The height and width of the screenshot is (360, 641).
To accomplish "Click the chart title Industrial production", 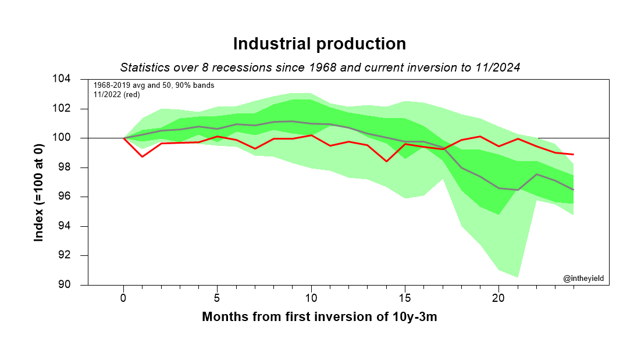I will click(319, 44).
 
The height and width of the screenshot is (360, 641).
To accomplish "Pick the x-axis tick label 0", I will click(123, 298).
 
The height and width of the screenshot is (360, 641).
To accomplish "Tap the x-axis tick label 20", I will click(498, 298).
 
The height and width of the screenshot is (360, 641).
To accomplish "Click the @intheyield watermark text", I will click(583, 279).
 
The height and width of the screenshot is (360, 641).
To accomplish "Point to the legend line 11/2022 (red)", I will click(116, 94).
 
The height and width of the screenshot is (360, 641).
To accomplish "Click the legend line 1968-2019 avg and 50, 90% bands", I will click(154, 85).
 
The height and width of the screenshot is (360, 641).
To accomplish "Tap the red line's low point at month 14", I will click(386, 161).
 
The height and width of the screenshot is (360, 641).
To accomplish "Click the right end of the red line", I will click(574, 154).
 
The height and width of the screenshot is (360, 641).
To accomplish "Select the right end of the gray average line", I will click(574, 190).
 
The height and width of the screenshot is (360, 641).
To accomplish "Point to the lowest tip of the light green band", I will click(518, 277).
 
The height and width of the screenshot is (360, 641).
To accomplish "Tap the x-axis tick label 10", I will click(311, 298).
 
